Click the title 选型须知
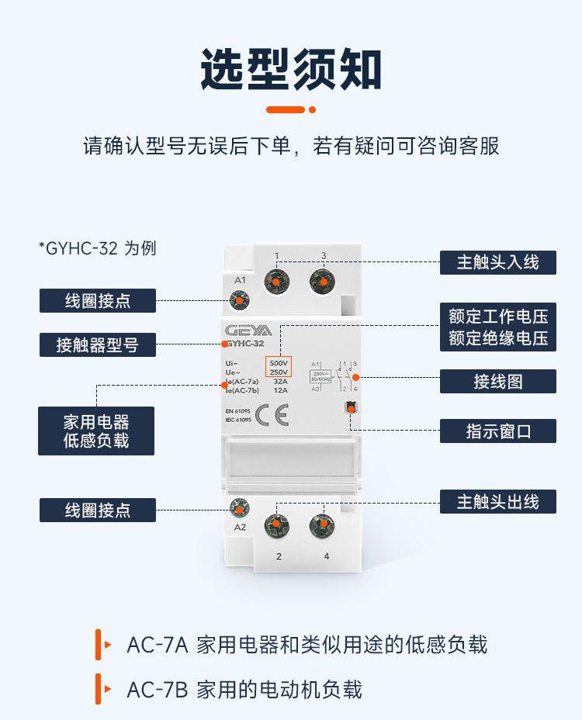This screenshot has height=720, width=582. pyautogui.click(x=291, y=70)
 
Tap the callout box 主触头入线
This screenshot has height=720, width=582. pyautogui.click(x=497, y=261)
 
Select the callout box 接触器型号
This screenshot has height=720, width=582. pyautogui.click(x=97, y=344)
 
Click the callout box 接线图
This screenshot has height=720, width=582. pyautogui.click(x=497, y=382)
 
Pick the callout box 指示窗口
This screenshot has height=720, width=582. pyautogui.click(x=497, y=431)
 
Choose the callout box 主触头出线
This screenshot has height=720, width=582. pyautogui.click(x=497, y=501)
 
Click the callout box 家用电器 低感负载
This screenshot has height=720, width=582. pyautogui.click(x=96, y=431)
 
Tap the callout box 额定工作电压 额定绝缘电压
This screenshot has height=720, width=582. pyautogui.click(x=497, y=327)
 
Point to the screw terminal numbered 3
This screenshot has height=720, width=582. pyautogui.click(x=322, y=280)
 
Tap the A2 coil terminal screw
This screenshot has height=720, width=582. pyautogui.click(x=240, y=509)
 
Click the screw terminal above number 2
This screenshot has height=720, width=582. pyautogui.click(x=276, y=527)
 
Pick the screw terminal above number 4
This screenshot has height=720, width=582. pyautogui.click(x=322, y=527)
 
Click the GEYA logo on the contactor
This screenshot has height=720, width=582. pyautogui.click(x=243, y=330)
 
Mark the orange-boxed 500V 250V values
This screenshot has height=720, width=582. pyautogui.click(x=278, y=367)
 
